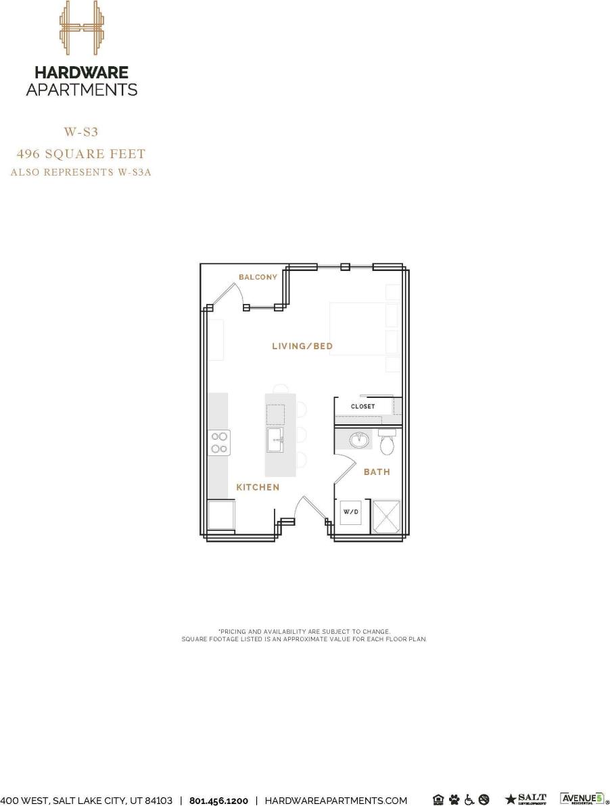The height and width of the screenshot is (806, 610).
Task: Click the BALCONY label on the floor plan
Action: pos(258,277)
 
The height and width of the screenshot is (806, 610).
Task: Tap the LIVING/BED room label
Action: pos(302,347)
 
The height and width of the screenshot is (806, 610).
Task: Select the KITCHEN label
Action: pos(258,487)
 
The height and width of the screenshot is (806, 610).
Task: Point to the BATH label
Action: pos(377,472)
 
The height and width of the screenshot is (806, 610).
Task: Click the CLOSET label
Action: pos(362,407)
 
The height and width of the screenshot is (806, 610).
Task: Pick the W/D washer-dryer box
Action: pos(351,512)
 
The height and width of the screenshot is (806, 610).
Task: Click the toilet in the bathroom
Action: pos(388,443)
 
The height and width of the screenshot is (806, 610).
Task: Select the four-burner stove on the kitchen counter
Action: pos(220,443)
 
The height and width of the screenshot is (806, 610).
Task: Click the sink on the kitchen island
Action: pos(276,440)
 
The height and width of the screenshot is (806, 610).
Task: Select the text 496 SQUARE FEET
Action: pos(81,155)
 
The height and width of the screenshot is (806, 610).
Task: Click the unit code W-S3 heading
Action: pos(81,132)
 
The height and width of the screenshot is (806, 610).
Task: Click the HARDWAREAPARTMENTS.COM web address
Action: pos(335,801)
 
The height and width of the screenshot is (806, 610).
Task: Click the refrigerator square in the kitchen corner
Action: pos(221,515)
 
